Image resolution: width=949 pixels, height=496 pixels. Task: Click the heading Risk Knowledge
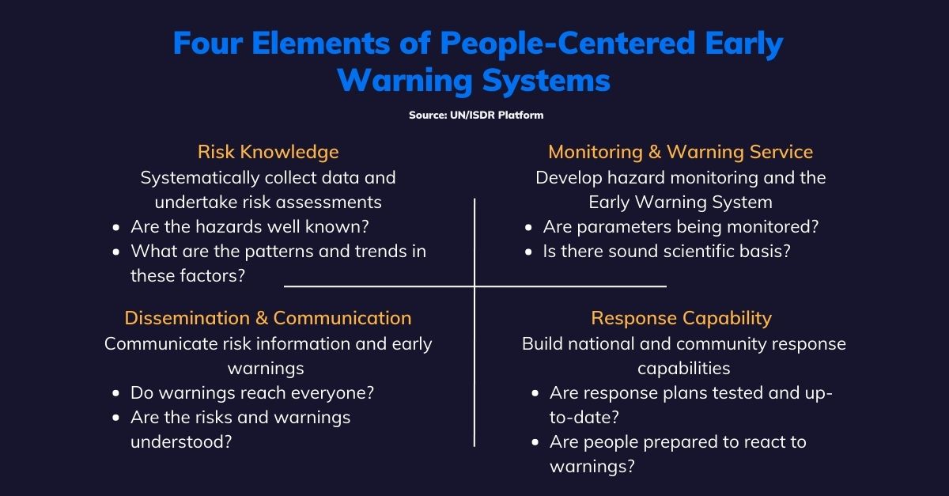pyautogui.click(x=268, y=152)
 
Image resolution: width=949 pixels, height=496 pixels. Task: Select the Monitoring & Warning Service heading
pyautogui.click(x=680, y=152)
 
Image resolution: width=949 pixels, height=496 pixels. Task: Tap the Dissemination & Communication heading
pyautogui.click(x=268, y=318)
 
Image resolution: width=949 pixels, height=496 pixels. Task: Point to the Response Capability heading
pyautogui.click(x=681, y=318)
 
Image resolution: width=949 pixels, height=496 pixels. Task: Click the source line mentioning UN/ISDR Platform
pyautogui.click(x=476, y=115)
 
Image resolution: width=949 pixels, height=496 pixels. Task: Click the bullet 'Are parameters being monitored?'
pyautogui.click(x=680, y=227)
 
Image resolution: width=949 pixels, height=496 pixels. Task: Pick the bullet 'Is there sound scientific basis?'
pyautogui.click(x=667, y=252)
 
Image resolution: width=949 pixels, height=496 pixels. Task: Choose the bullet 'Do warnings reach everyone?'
pyautogui.click(x=252, y=393)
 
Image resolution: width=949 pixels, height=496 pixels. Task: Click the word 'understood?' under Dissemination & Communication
pyautogui.click(x=181, y=441)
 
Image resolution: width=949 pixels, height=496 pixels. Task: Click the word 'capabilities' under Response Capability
pyautogui.click(x=683, y=369)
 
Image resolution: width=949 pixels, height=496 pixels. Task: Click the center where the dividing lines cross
pyautogui.click(x=475, y=286)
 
